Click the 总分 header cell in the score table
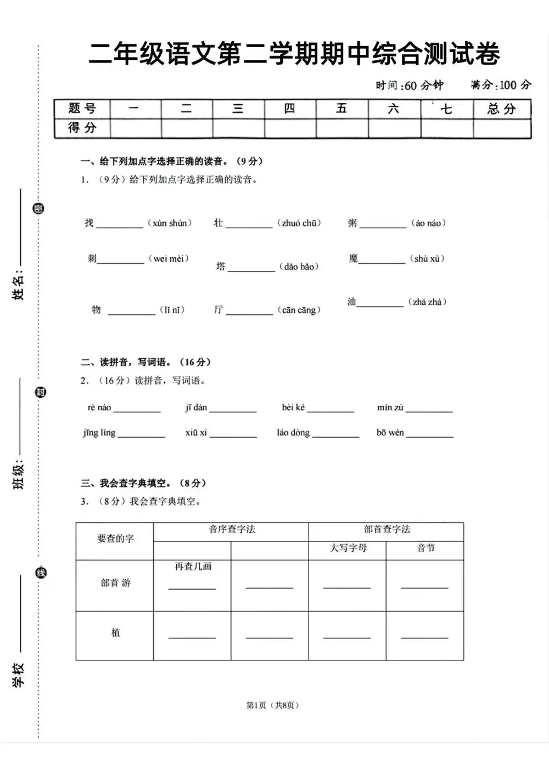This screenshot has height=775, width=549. tap(502, 109)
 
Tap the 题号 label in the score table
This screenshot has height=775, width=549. tap(82, 108)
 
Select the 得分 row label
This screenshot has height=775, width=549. tap(82, 128)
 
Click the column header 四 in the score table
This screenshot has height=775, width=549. tap(289, 109)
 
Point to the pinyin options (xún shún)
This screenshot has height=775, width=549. tap(170, 223)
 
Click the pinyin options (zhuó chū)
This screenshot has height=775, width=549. tap(299, 223)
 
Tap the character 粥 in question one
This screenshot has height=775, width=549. tap(352, 223)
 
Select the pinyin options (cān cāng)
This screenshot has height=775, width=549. tap(299, 310)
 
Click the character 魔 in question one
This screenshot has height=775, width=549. tap(353, 258)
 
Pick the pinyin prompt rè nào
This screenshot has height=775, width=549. tap(99, 408)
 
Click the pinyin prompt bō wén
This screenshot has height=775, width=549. tap(390, 433)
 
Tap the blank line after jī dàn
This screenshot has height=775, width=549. tap(233, 409)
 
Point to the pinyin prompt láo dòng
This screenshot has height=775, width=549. tap(293, 433)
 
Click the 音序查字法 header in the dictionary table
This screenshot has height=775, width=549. tap(232, 529)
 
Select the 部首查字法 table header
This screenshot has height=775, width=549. tap(386, 529)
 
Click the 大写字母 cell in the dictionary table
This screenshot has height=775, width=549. tap(348, 548)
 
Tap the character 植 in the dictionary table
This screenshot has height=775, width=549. tap(116, 633)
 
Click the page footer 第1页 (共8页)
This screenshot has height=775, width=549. tap(273, 705)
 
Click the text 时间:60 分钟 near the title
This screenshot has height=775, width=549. tap(409, 85)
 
